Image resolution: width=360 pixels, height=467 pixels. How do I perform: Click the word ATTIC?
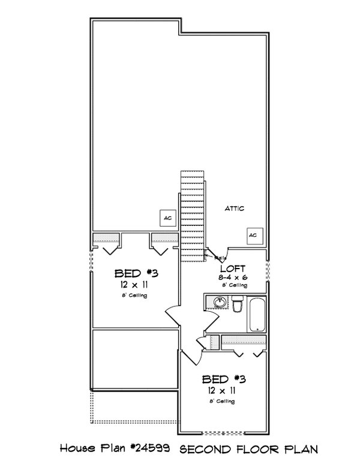pyautogui.click(x=235, y=208)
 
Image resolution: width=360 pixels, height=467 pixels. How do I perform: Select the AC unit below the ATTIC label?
pyautogui.click(x=253, y=234)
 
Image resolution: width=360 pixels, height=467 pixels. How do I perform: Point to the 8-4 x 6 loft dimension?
pyautogui.click(x=233, y=278)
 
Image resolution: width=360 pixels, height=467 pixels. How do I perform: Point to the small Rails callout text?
pyautogui.click(x=220, y=258)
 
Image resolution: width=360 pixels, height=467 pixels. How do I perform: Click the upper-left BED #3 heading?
pyautogui.click(x=136, y=274)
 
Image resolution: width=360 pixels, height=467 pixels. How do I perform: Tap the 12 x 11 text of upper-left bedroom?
pyautogui.click(x=136, y=285)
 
